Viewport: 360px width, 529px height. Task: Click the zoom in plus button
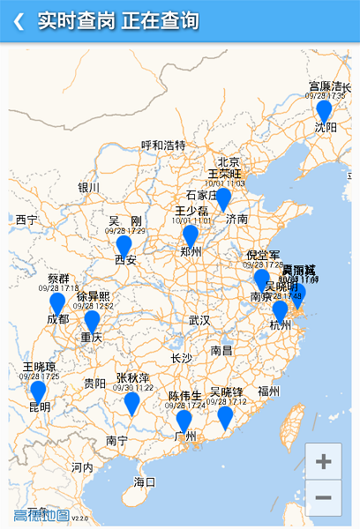coord(323,461)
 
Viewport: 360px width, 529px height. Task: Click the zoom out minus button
coord(323,497)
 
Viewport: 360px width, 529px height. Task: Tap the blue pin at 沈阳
coord(324,110)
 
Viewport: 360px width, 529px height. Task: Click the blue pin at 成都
coord(57,303)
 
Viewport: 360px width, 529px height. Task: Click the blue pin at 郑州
coord(191,235)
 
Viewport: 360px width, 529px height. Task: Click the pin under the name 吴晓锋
coord(226,416)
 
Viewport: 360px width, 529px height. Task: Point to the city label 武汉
coord(199,320)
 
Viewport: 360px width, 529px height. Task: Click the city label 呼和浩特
coord(163,145)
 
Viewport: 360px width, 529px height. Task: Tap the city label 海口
coord(144,481)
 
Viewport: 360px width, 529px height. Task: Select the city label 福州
coord(269,391)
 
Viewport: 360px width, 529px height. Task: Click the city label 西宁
coord(26,219)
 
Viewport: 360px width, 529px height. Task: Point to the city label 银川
coord(89,187)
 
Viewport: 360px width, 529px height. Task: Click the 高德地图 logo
coord(41,515)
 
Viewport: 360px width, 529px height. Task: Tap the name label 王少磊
coord(191,211)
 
